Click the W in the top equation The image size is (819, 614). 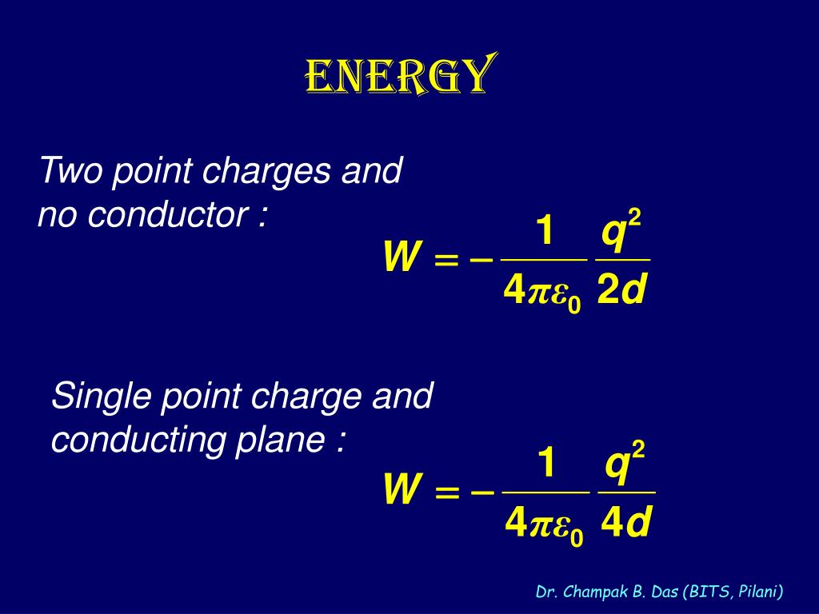402,258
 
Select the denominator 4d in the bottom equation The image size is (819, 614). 626,524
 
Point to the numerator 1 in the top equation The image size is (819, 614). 544,232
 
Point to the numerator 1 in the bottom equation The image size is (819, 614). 545,464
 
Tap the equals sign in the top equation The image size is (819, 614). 446,259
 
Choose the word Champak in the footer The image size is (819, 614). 590,592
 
